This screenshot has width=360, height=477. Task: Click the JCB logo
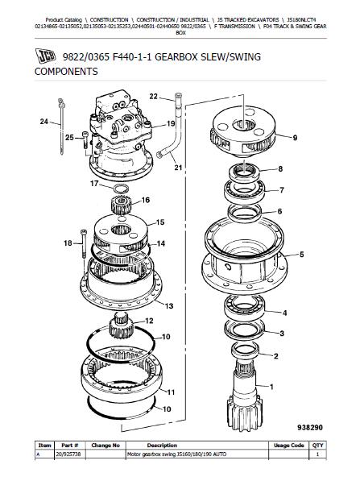(x=45, y=56)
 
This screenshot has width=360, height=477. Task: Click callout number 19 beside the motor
(x=171, y=123)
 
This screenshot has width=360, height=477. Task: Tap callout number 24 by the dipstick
(x=44, y=122)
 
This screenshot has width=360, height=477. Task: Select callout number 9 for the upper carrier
(x=295, y=138)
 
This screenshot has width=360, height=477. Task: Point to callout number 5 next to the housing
(x=302, y=255)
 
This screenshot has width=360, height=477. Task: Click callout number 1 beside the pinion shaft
(x=271, y=387)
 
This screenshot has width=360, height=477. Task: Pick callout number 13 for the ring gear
(x=169, y=305)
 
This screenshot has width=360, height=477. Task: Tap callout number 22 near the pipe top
(x=154, y=97)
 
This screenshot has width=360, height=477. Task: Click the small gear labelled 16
(x=121, y=205)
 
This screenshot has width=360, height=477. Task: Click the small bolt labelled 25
(x=85, y=139)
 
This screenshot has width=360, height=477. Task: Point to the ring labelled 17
(x=121, y=189)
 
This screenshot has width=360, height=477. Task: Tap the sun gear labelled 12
(x=121, y=326)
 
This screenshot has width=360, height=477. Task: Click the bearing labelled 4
(x=245, y=308)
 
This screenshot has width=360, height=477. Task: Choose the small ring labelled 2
(x=245, y=350)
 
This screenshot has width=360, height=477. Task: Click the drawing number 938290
(x=310, y=427)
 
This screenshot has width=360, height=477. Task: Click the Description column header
(x=162, y=446)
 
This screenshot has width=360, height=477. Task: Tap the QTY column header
(x=318, y=446)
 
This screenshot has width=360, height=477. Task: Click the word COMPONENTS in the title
(x=66, y=72)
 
